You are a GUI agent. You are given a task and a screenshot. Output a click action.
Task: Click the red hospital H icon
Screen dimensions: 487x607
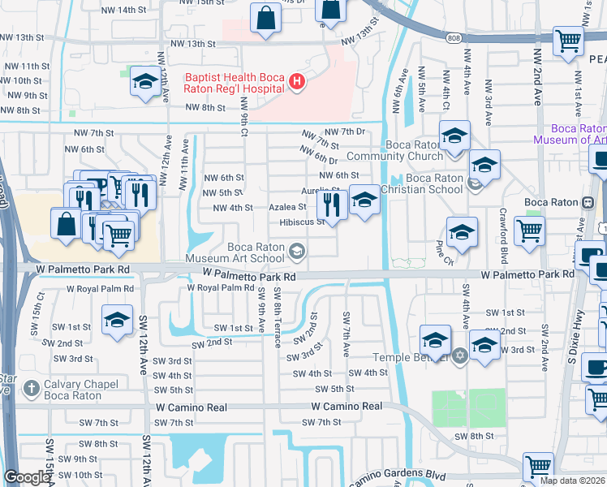click(x=297, y=81)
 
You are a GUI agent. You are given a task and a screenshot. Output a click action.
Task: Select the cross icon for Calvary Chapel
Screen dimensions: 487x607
click(x=32, y=388)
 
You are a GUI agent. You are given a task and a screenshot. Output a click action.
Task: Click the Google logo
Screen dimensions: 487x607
click(x=27, y=477)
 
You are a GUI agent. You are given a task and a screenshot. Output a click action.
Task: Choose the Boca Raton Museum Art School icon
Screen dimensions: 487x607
click(x=297, y=253)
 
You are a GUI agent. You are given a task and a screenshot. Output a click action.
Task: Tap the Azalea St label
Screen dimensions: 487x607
click(x=287, y=207)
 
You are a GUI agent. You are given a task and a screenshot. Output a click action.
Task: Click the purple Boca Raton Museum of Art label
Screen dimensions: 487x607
click(x=569, y=134)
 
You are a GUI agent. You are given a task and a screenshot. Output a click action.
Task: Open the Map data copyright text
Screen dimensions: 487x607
click(x=572, y=481)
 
